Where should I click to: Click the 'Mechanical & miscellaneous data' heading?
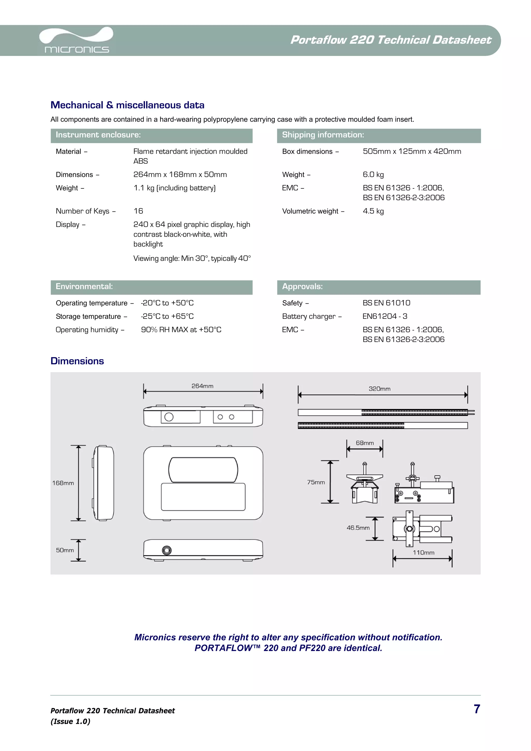(127, 105)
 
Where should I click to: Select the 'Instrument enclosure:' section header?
(98, 135)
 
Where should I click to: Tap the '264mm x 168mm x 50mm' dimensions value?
(180, 175)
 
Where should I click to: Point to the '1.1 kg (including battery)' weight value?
(174, 188)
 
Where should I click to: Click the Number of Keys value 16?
(138, 211)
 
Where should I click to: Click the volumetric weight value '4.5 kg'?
(373, 211)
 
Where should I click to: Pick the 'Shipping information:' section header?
(323, 135)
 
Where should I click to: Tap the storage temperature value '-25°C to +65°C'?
(167, 316)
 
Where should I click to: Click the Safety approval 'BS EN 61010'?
(386, 303)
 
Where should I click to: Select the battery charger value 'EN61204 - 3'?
(385, 316)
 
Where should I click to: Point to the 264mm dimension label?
(202, 386)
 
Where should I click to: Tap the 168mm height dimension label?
(63, 483)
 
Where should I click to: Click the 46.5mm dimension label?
(358, 528)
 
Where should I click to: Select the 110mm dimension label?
(423, 552)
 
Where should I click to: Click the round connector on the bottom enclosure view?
(166, 550)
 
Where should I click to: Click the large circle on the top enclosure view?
(169, 417)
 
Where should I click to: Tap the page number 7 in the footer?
(477, 709)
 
